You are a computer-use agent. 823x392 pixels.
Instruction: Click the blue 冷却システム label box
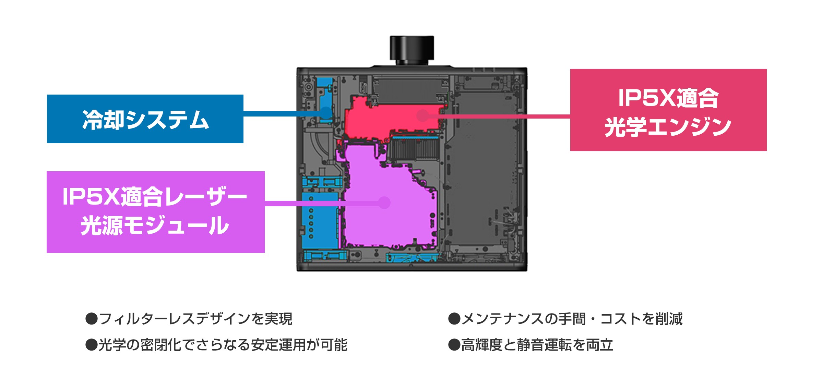click(x=145, y=119)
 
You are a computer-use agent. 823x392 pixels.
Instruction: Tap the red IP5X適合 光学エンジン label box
click(x=668, y=110)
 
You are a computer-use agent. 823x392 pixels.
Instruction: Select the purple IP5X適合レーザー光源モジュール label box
click(x=155, y=212)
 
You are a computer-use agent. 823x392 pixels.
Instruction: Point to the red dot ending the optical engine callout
click(x=422, y=116)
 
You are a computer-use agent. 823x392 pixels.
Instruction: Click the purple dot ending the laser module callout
click(x=384, y=203)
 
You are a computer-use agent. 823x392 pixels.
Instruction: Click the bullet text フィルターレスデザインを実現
click(x=195, y=319)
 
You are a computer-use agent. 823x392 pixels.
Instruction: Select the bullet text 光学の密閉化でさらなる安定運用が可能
click(x=223, y=345)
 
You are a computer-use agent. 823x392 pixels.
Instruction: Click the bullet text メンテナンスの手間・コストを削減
click(x=572, y=319)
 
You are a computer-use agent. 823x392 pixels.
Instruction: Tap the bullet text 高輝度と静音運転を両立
click(x=537, y=345)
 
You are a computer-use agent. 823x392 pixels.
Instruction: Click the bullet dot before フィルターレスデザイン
click(x=92, y=319)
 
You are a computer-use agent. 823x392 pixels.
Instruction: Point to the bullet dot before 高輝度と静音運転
click(x=454, y=345)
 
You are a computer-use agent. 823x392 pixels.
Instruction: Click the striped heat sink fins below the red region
click(x=415, y=149)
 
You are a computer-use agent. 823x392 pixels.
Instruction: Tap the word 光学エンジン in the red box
click(x=668, y=127)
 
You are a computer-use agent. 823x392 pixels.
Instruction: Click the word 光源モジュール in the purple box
click(x=155, y=225)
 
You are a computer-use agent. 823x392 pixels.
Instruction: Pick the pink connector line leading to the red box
click(x=497, y=117)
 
